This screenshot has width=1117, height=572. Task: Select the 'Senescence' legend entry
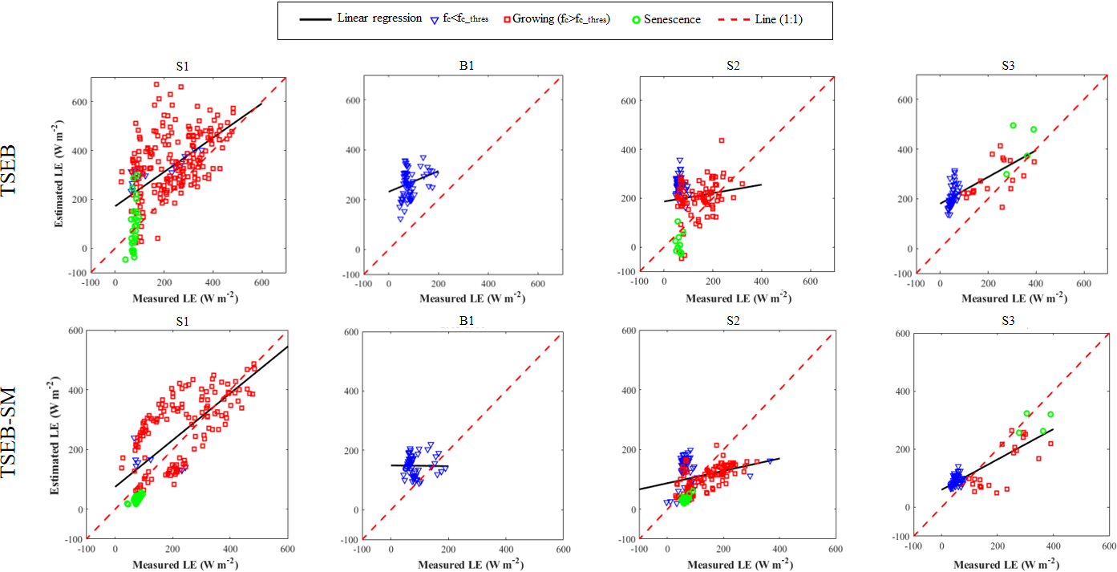pyautogui.click(x=672, y=19)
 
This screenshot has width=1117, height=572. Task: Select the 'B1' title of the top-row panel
pyautogui.click(x=461, y=67)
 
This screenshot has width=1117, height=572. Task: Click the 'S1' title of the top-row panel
pyautogui.click(x=183, y=67)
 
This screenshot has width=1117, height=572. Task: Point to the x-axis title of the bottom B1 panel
pyautogui.click(x=461, y=565)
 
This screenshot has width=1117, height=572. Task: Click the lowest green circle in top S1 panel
pyautogui.click(x=125, y=259)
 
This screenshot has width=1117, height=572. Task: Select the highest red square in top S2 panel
pyautogui.click(x=721, y=140)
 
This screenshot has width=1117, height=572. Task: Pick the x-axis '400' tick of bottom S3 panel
pyautogui.click(x=1053, y=546)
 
